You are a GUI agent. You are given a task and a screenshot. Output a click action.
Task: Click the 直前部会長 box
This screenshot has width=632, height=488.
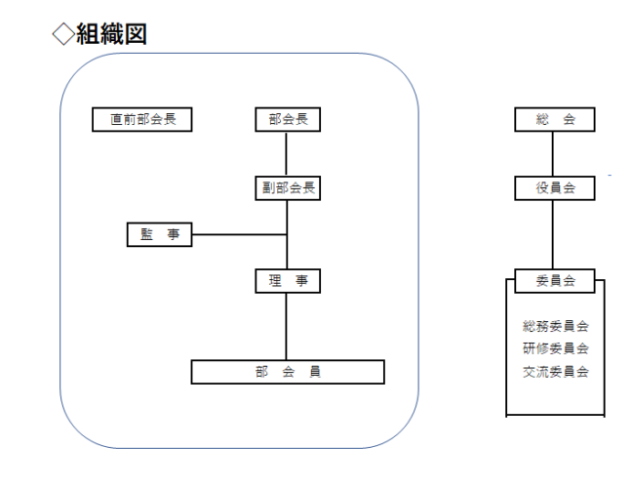tap(142, 119)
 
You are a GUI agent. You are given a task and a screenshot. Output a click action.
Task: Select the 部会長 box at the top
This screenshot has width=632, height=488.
tap(288, 119)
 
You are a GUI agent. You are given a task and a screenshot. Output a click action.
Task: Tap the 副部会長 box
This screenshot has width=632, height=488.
tap(288, 188)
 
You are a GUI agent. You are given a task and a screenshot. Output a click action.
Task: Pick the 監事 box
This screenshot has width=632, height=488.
tap(160, 234)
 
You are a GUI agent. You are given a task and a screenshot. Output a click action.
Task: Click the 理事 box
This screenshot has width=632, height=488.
tap(288, 281)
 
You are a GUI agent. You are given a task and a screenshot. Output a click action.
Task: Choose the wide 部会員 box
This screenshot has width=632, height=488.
tap(288, 372)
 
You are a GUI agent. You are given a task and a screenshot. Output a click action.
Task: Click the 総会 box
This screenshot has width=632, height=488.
tap(555, 119)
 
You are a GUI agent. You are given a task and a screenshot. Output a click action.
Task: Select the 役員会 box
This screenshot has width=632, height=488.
tap(555, 188)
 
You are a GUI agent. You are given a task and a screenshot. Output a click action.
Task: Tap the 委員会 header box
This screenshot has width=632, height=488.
tap(555, 281)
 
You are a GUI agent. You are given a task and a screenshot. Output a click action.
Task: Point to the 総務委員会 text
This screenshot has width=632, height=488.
tap(555, 326)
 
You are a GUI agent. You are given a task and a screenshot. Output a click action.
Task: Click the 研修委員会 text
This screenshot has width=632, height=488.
tap(555, 348)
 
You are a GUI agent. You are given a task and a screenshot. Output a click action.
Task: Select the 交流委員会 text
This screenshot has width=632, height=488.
tap(555, 372)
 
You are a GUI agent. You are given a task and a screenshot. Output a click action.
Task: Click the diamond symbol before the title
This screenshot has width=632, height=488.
tap(63, 34)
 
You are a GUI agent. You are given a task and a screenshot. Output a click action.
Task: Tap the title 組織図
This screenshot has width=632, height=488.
tap(111, 34)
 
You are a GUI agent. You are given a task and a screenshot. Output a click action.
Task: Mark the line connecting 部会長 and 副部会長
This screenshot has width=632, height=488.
tap(286, 153)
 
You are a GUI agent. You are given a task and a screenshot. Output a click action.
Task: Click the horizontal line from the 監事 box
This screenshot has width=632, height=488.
tap(239, 234)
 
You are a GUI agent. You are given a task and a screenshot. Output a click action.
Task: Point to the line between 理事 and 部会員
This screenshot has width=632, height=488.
tap(286, 326)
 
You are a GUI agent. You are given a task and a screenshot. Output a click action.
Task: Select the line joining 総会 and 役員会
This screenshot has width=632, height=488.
tap(553, 153)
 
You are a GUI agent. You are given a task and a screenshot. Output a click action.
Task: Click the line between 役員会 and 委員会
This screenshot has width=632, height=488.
tap(553, 234)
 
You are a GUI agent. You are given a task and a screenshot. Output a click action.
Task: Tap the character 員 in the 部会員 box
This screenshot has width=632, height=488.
tap(315, 372)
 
